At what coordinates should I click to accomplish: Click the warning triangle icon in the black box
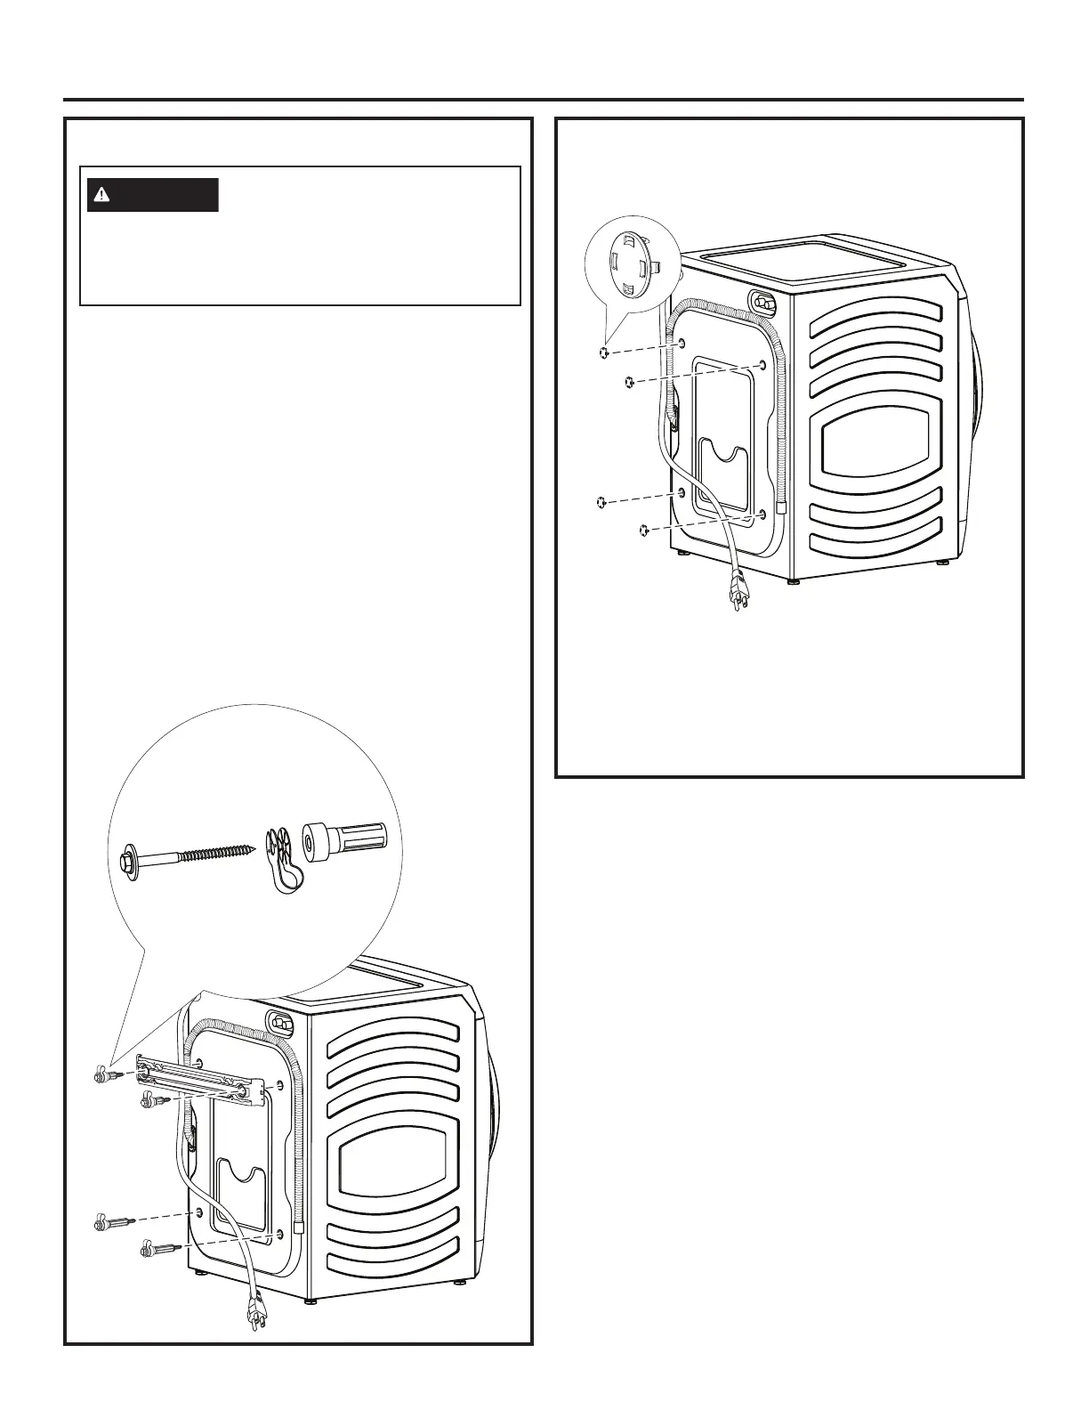(105, 195)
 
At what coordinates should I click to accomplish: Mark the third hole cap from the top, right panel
(601, 503)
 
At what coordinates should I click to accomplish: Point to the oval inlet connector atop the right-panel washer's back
(762, 303)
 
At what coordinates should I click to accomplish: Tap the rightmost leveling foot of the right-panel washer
(943, 563)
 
